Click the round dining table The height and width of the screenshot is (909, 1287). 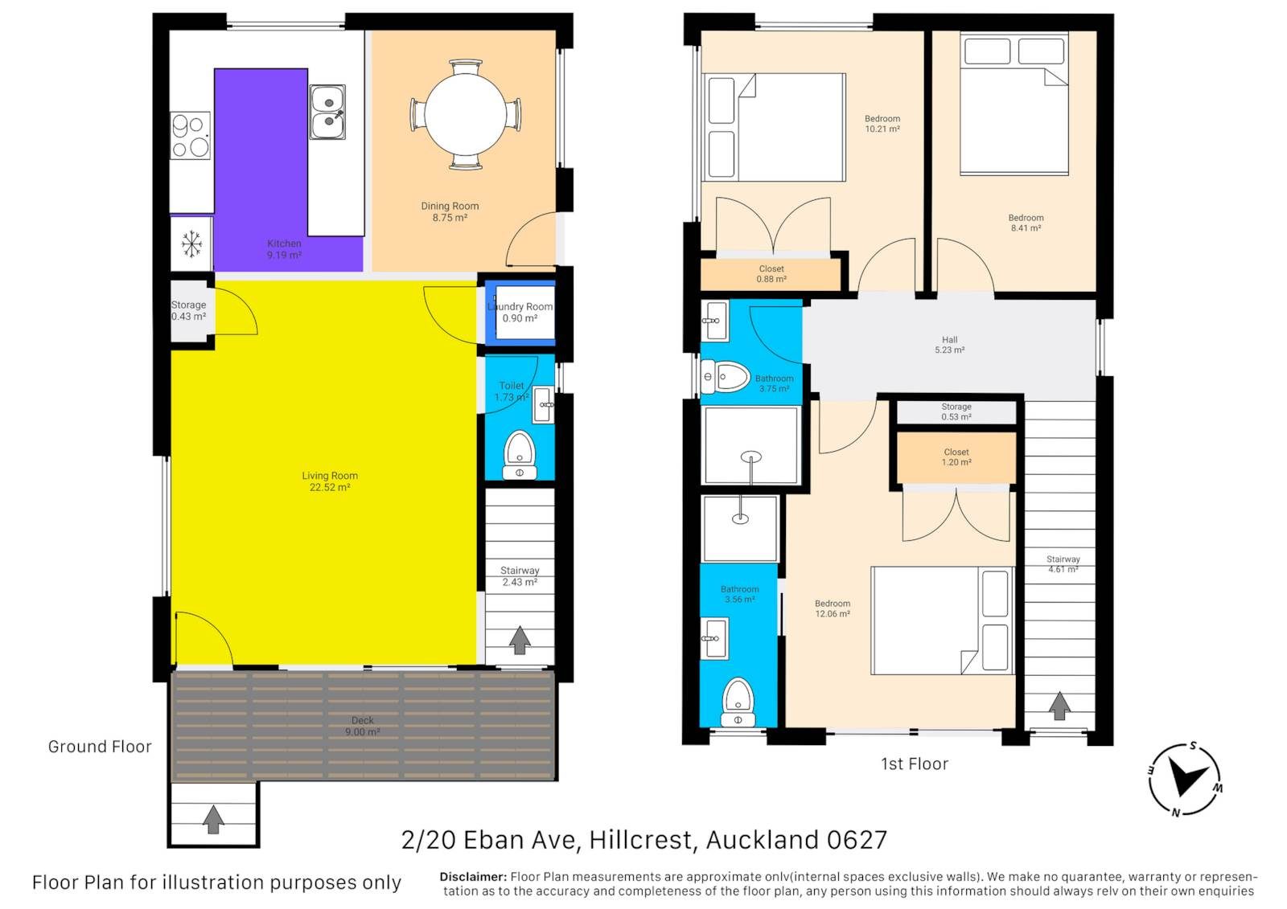(x=466, y=114)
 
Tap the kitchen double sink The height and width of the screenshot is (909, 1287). (x=327, y=112)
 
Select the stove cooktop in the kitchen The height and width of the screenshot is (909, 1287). (x=190, y=136)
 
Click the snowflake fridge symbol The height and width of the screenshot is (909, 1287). (x=191, y=244)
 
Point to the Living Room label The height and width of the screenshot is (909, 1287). (x=330, y=481)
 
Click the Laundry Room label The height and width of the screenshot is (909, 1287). (x=520, y=313)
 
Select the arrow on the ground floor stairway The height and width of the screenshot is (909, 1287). (x=520, y=640)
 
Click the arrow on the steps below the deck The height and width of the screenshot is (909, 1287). (x=213, y=820)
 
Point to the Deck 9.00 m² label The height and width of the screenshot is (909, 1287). (x=363, y=726)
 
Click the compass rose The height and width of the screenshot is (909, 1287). (x=1185, y=780)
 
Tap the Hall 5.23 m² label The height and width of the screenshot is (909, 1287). (x=949, y=345)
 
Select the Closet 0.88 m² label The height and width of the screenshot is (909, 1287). (x=771, y=274)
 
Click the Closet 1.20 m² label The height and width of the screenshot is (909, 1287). (x=956, y=457)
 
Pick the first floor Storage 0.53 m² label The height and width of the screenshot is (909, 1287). (x=956, y=412)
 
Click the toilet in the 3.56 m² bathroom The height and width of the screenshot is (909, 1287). (x=738, y=703)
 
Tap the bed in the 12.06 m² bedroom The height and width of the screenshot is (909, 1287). (x=942, y=620)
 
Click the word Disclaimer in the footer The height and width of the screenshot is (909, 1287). (x=473, y=877)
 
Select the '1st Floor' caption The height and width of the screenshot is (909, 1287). (x=914, y=764)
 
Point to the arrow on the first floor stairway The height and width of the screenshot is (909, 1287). (x=1059, y=706)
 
